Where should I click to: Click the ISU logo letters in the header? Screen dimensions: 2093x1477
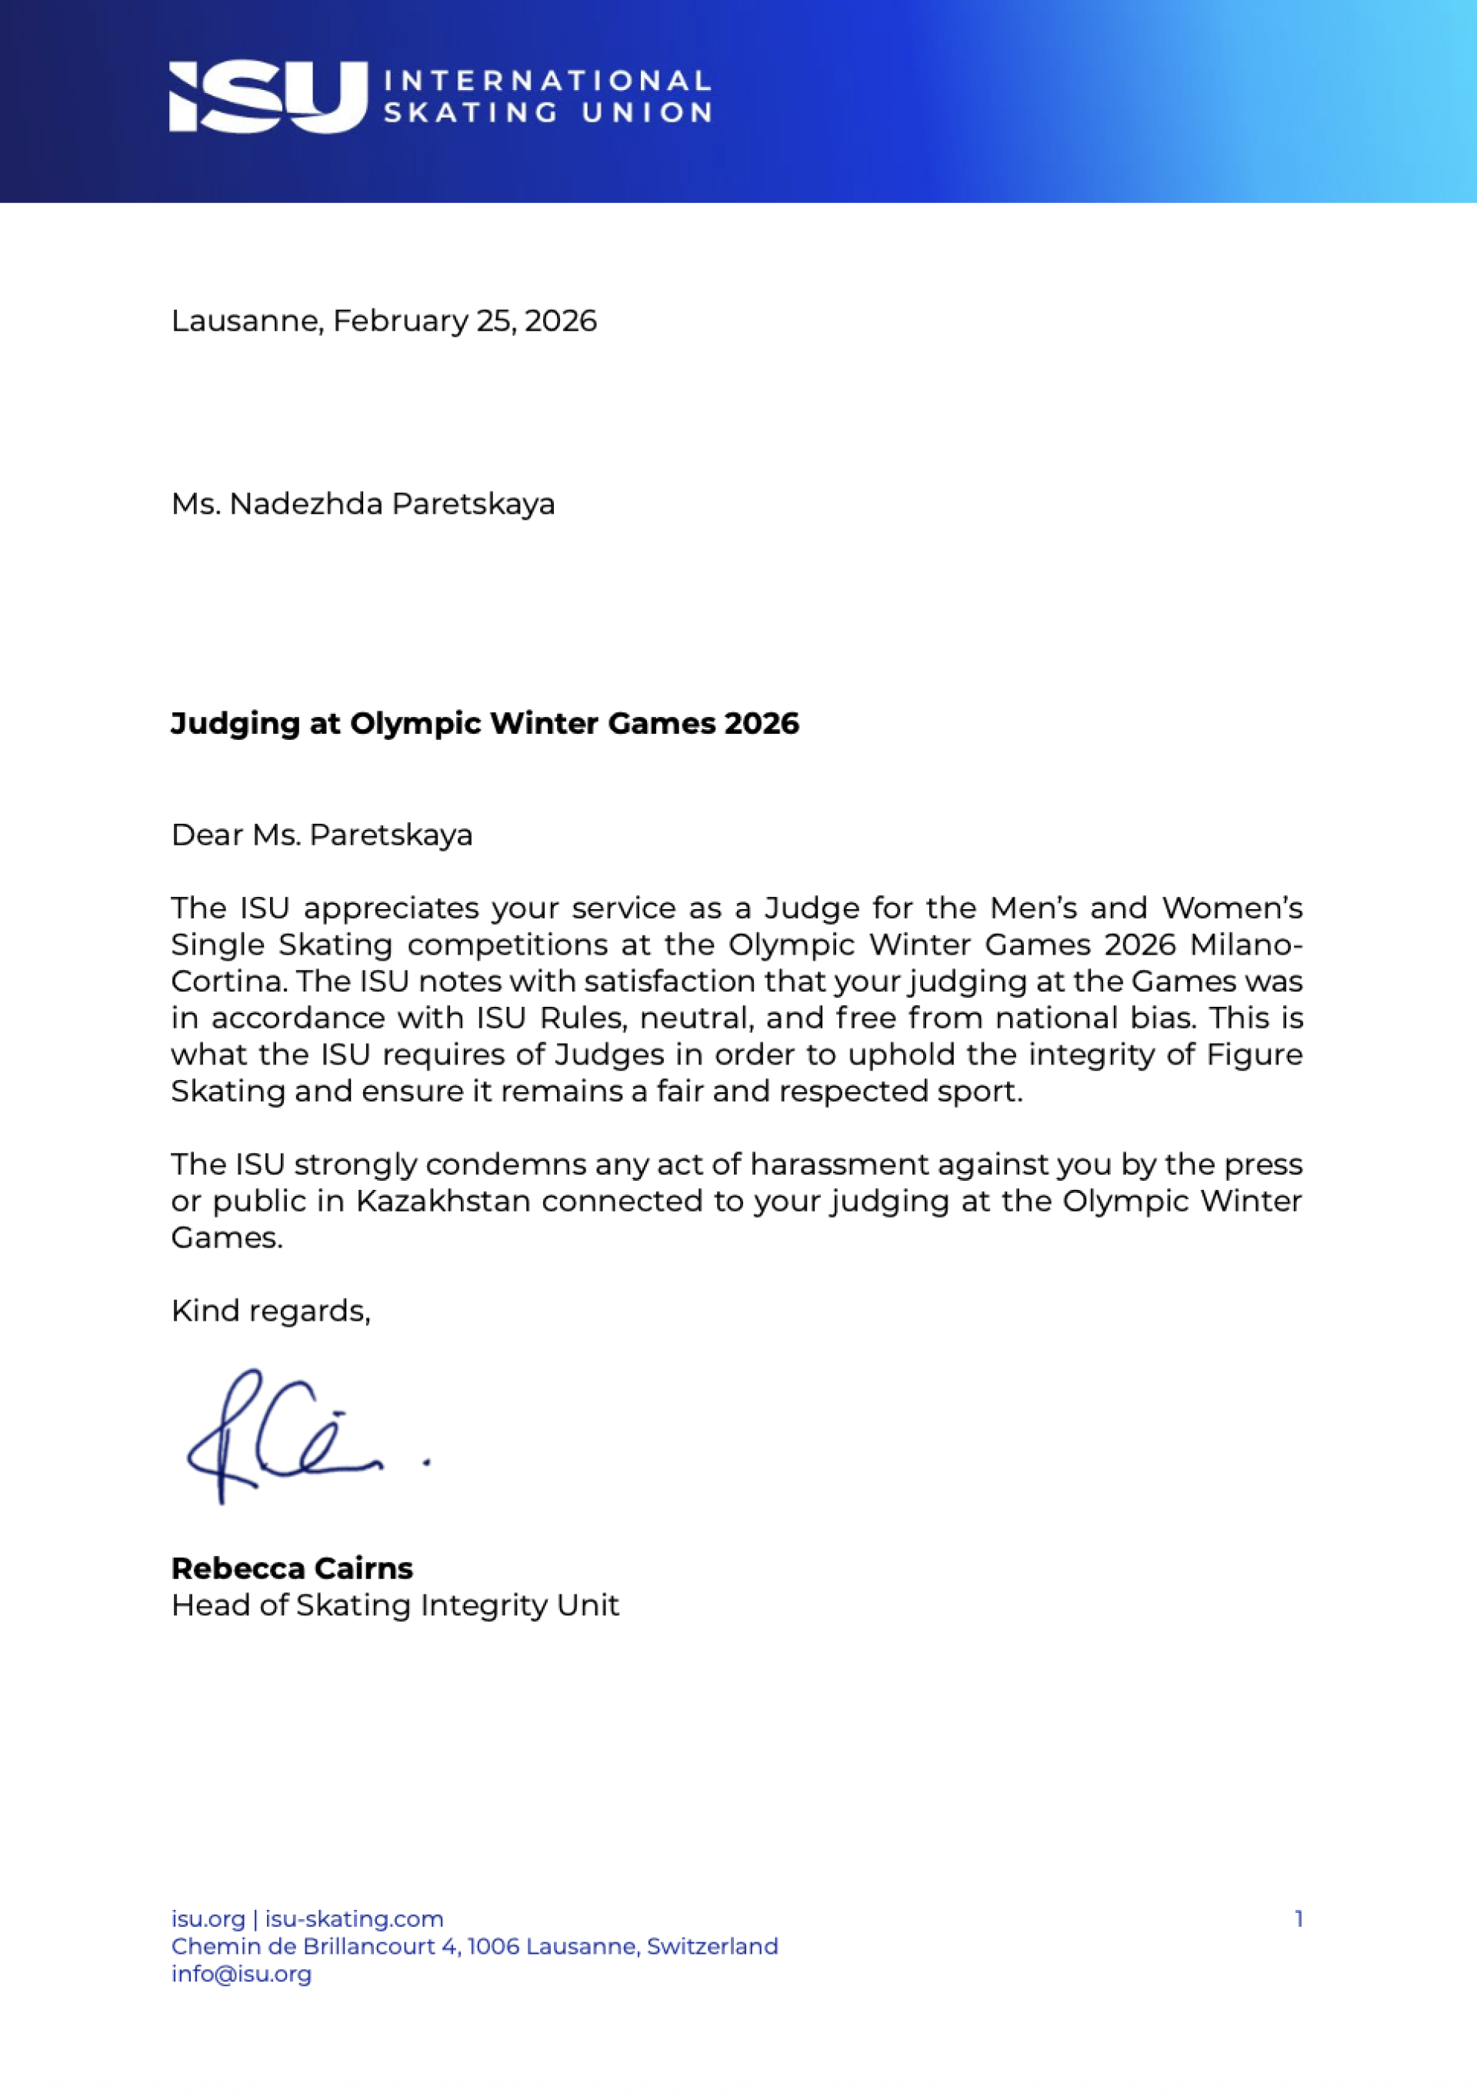266,97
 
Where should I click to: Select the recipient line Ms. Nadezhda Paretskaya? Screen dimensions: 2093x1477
363,504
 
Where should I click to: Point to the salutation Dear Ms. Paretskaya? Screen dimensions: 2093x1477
322,835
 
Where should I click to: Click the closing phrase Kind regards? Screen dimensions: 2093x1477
270,1311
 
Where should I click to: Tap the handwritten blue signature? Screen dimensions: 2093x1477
292,1438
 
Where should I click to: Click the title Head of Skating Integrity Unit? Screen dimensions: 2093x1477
395,1605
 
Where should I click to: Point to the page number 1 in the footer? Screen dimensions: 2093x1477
1299,1919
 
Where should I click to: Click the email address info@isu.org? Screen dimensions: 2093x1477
242,1974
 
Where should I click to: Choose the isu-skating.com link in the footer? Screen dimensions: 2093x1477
355,1919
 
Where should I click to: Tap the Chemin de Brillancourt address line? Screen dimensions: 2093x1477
474,1946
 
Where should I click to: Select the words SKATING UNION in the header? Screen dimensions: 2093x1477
547,113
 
